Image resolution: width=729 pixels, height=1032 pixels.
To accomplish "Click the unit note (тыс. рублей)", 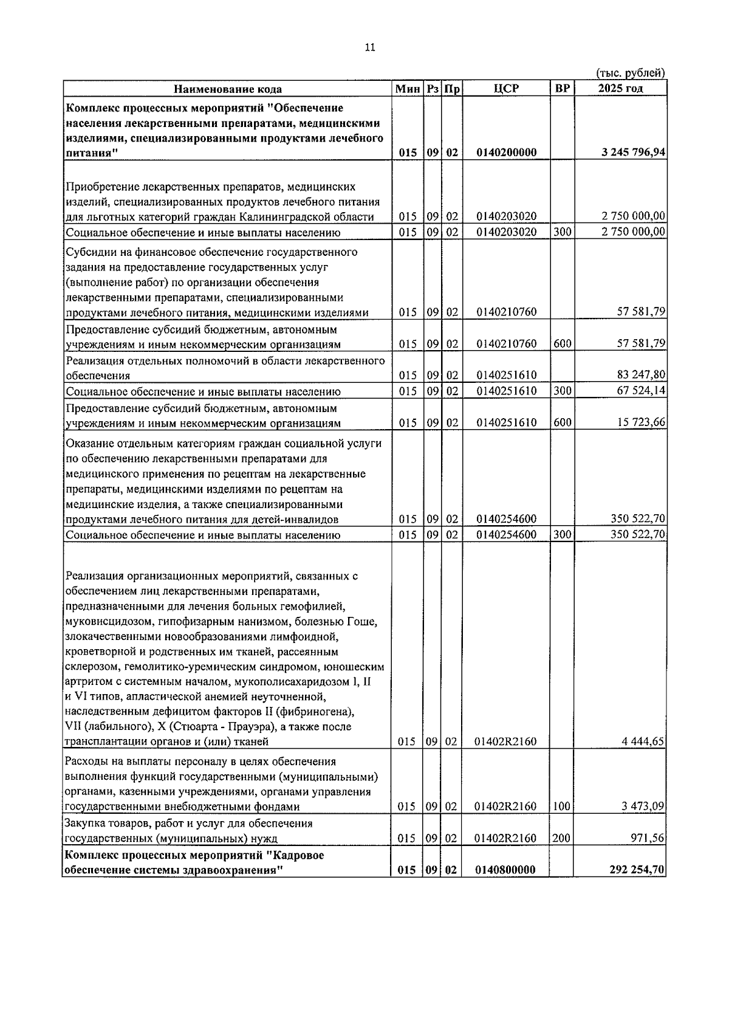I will (x=630, y=74).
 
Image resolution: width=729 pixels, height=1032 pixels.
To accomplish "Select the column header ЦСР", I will (x=506, y=89).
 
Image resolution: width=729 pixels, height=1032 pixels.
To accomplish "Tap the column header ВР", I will (x=562, y=89).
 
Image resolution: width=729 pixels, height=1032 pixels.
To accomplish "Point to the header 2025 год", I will (x=620, y=89).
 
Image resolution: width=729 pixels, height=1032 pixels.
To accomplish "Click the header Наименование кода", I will (x=228, y=89).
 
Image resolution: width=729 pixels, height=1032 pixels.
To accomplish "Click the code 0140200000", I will (x=506, y=153).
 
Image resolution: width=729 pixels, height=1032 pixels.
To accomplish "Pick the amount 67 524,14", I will (x=641, y=391).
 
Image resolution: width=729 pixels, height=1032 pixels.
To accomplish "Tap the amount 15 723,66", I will (x=641, y=423).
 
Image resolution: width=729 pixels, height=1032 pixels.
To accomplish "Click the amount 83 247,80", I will (x=641, y=376).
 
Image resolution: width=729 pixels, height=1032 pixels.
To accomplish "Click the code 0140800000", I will (x=506, y=870).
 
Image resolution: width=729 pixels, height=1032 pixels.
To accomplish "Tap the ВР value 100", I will (x=562, y=807).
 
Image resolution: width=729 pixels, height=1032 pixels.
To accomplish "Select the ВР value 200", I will (x=562, y=839).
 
